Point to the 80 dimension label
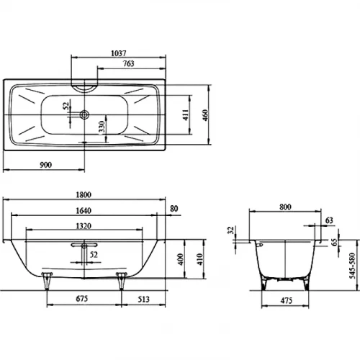[x=173, y=210]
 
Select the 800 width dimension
[x=285, y=207]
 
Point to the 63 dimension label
[x=328, y=220]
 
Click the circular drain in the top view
[x=84, y=114]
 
